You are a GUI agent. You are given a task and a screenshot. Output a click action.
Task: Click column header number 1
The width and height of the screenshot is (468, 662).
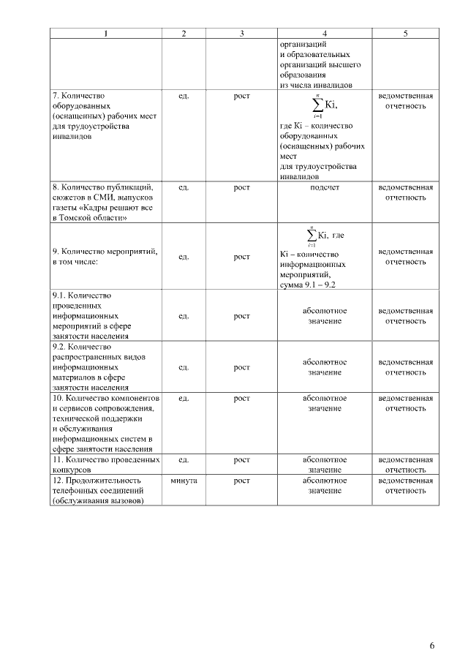[107, 34]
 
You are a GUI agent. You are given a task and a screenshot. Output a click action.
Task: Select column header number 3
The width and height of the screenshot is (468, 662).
[241, 34]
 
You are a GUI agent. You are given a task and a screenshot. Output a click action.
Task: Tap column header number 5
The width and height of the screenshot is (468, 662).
[405, 34]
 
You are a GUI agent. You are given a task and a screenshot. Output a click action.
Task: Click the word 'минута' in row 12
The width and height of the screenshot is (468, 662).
[184, 481]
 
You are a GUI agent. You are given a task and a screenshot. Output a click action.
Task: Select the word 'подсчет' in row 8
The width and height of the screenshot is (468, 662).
[324, 187]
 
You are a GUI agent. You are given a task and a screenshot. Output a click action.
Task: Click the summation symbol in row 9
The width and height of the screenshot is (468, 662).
[312, 236]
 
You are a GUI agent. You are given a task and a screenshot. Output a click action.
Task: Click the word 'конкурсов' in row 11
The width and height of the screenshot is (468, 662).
[72, 470]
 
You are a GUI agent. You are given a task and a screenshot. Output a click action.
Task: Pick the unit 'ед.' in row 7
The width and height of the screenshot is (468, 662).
[184, 96]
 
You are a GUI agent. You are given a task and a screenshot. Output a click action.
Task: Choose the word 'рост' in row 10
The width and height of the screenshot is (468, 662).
[241, 398]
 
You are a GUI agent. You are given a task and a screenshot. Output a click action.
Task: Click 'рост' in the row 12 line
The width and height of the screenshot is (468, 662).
[241, 481]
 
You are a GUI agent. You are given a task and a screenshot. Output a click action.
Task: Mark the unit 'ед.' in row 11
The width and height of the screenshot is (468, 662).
[184, 459]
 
